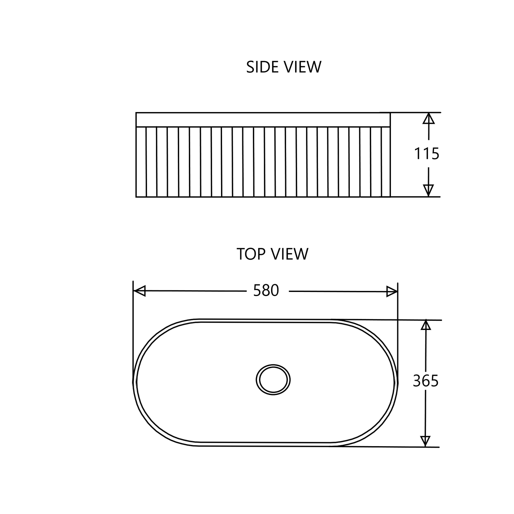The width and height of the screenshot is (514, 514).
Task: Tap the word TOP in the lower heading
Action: click(251, 254)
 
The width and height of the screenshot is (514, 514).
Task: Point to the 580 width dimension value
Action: click(266, 291)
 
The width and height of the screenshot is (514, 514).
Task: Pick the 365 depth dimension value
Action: click(426, 381)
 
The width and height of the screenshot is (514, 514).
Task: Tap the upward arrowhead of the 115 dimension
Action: click(428, 118)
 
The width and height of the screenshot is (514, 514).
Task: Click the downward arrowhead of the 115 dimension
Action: click(428, 191)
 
